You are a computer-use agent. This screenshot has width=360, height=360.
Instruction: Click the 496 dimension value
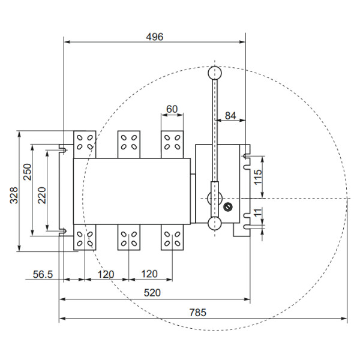155,37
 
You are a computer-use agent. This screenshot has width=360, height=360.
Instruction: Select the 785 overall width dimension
197,312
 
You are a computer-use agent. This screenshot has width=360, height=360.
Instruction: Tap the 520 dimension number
155,293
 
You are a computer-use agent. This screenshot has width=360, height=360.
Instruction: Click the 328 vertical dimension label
14,195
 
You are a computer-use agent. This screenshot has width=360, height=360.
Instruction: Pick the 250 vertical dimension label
27,172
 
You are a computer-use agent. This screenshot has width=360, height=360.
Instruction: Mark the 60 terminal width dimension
172,109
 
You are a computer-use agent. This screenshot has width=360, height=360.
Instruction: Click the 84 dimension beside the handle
230,115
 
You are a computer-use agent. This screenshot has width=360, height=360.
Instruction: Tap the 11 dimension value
259,213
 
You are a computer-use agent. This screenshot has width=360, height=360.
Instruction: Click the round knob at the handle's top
214,73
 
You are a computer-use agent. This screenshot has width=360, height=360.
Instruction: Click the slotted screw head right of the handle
227,207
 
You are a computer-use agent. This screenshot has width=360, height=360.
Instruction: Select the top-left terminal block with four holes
84,143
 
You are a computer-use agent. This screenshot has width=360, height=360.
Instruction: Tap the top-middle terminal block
128,143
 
